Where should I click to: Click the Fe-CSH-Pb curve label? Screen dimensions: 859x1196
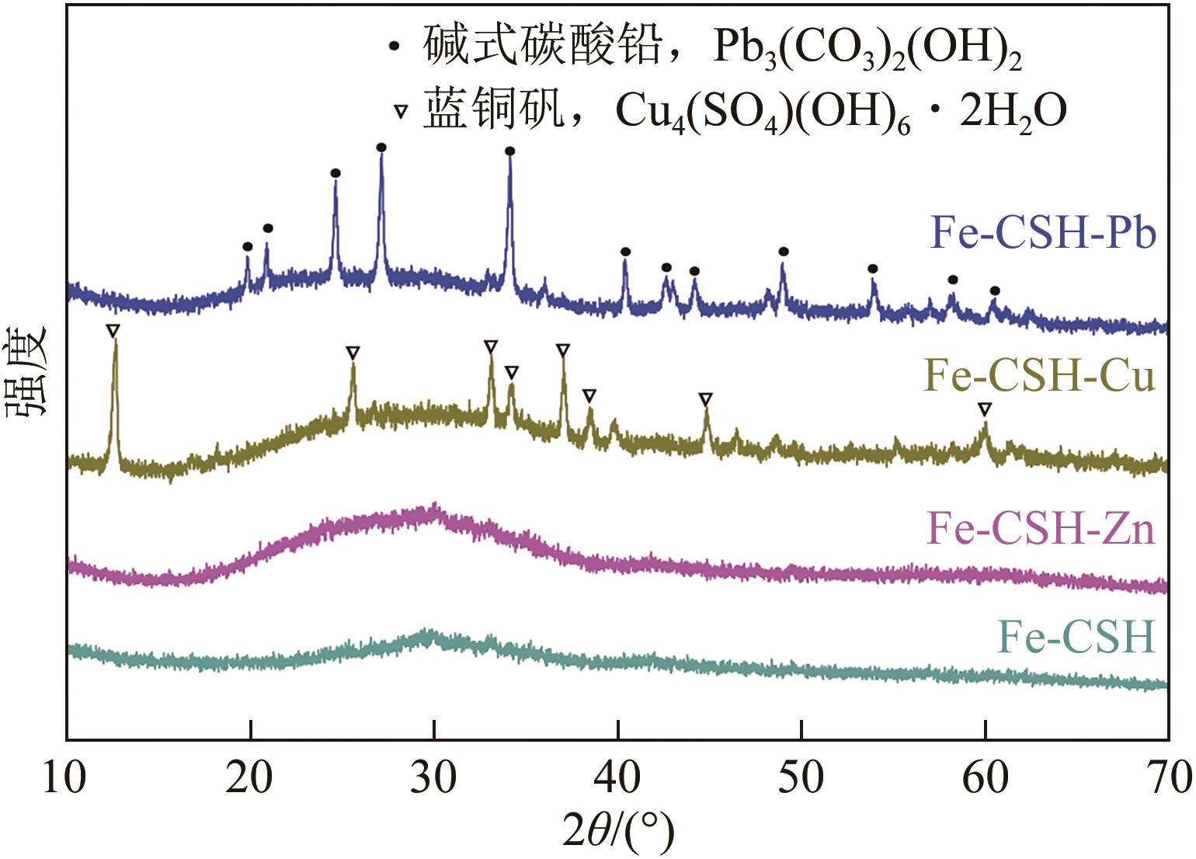(x=1043, y=233)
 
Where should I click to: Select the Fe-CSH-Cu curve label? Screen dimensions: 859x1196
(x=1039, y=377)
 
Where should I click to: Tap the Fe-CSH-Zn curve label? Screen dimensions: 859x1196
(x=1041, y=530)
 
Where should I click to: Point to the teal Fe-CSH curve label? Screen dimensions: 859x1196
(x=1076, y=638)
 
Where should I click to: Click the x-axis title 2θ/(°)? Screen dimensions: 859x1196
(x=618, y=831)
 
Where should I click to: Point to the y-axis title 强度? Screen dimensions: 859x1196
(x=29, y=373)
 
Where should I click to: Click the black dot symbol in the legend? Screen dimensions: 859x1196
(x=395, y=47)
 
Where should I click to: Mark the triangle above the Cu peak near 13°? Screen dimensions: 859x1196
(x=113, y=331)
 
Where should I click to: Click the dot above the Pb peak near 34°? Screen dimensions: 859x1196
(x=509, y=151)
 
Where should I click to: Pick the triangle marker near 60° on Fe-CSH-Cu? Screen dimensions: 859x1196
(x=985, y=409)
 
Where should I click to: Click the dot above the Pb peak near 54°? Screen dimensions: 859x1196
(x=873, y=269)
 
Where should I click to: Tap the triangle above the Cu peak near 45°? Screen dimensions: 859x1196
(x=705, y=399)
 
